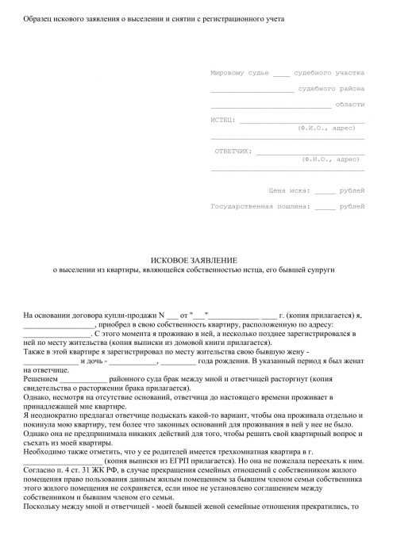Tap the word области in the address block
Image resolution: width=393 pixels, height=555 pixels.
click(350, 104)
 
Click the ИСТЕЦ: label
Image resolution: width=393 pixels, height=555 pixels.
click(223, 120)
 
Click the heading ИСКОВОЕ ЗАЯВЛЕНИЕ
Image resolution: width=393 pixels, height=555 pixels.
click(194, 260)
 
